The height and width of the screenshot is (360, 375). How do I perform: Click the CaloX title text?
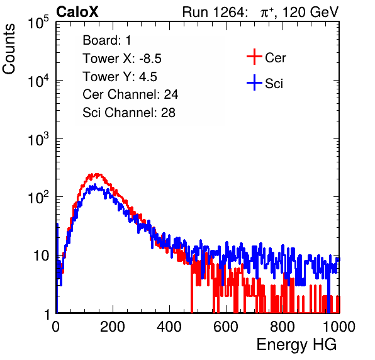[77, 12]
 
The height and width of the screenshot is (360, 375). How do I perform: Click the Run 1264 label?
[213, 12]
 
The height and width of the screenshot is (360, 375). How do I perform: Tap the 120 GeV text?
[310, 13]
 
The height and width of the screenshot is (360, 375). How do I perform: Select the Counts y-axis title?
[9, 49]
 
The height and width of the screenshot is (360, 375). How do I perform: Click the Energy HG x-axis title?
[296, 345]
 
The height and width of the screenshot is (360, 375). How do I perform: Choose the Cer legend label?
[275, 58]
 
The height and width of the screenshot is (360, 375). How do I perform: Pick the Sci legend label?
[274, 84]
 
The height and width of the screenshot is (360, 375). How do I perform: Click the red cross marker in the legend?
[254, 57]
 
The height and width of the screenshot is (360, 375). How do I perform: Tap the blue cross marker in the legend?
[254, 82]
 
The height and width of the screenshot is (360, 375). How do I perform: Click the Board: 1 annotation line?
[107, 40]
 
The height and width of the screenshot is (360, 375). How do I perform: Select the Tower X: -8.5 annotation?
[122, 59]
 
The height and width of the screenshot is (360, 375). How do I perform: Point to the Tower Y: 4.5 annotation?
[120, 77]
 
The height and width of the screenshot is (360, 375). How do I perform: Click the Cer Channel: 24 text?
[130, 94]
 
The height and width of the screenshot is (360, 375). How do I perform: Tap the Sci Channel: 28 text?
[129, 113]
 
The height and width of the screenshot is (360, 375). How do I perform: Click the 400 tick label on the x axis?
[169, 327]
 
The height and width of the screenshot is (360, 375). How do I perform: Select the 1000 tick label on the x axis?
[339, 327]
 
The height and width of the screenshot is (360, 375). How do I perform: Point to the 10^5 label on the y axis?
[38, 22]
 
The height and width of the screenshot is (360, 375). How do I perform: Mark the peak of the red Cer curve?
[97, 174]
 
